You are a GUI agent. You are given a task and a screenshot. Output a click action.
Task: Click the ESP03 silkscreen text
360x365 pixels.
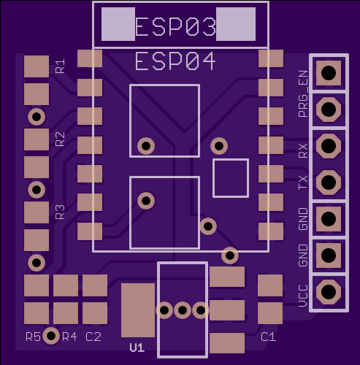tap(175, 27)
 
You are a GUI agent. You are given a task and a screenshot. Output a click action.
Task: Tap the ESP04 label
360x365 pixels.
tap(175, 61)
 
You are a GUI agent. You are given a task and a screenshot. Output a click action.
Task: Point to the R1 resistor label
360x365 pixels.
tap(60, 66)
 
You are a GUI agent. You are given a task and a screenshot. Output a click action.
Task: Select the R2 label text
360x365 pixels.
tap(60, 139)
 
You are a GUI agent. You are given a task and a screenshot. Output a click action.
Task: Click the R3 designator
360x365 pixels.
tap(60, 212)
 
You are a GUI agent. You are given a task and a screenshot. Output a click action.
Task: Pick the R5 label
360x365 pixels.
tap(33, 337)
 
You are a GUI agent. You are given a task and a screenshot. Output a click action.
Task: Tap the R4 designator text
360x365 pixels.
tap(69, 337)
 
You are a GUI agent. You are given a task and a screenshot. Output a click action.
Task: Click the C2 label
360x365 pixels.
tap(93, 337)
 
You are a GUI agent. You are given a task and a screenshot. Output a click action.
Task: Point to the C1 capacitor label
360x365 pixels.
tap(268, 337)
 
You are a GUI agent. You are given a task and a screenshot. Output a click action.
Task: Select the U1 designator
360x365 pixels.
tap(137, 347)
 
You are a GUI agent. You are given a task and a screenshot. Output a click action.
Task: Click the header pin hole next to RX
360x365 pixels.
tap(329, 146)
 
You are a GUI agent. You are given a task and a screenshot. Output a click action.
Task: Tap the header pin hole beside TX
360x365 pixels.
tap(329, 182)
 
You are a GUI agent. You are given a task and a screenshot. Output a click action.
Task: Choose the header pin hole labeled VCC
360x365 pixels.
tap(329, 291)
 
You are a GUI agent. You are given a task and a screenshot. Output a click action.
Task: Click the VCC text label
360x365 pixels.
tap(303, 296)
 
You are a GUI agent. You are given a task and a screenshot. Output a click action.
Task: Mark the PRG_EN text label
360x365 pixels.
tap(303, 94)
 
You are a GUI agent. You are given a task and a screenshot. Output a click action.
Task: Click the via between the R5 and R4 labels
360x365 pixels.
tap(51, 336)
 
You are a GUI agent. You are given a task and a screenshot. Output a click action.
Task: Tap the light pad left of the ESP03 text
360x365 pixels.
tap(118, 24)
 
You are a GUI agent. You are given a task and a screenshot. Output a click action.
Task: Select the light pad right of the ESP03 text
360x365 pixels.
tap(236, 24)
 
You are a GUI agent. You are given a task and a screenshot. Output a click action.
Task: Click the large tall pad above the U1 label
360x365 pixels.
tap(138, 310)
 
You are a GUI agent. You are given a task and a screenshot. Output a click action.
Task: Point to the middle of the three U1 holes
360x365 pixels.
tap(183, 310)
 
